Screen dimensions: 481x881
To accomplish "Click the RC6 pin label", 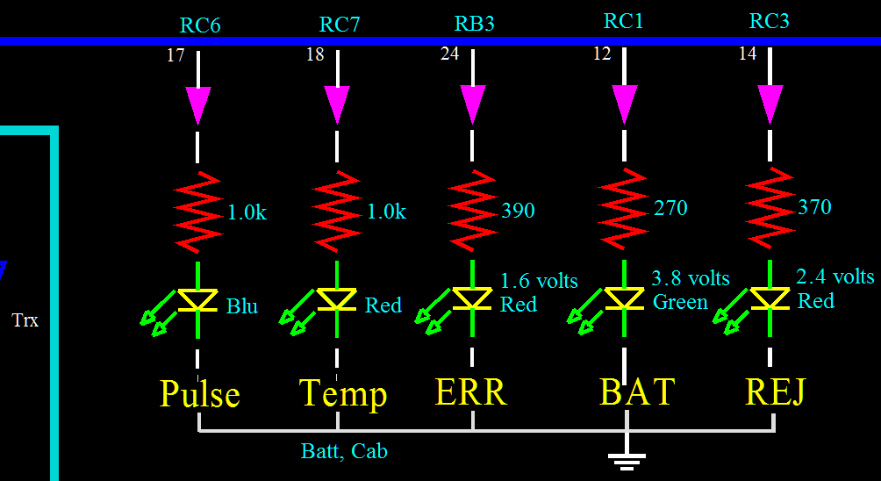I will pos(199,25).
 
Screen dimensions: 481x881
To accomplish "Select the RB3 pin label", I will pos(474,24).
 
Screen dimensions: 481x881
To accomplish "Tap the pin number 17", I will pos(175,55).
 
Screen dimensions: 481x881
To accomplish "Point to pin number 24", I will pos(449,54).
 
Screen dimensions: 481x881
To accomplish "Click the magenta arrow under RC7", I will pos(337,104).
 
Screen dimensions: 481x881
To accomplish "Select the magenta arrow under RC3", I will pos(770,104).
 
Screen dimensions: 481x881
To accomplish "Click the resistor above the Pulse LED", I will pos(197,212).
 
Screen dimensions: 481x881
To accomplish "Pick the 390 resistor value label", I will pos(518,211).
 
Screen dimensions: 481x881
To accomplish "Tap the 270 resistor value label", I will pos(670,208).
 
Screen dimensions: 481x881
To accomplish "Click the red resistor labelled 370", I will pos(770,207).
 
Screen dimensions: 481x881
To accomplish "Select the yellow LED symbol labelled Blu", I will pos(197,300).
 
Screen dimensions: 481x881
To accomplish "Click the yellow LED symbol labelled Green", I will pos(624,298).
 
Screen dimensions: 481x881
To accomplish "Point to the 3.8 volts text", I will pos(691,278).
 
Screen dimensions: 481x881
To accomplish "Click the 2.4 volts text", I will pos(835,276).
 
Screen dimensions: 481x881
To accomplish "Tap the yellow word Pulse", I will pos(200,393).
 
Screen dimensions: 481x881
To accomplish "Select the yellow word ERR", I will pos(471,391).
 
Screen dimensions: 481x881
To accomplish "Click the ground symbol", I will pos(627,460).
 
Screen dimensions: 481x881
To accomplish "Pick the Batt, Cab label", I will pos(344,451).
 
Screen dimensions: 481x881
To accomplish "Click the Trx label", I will pos(25,320).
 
